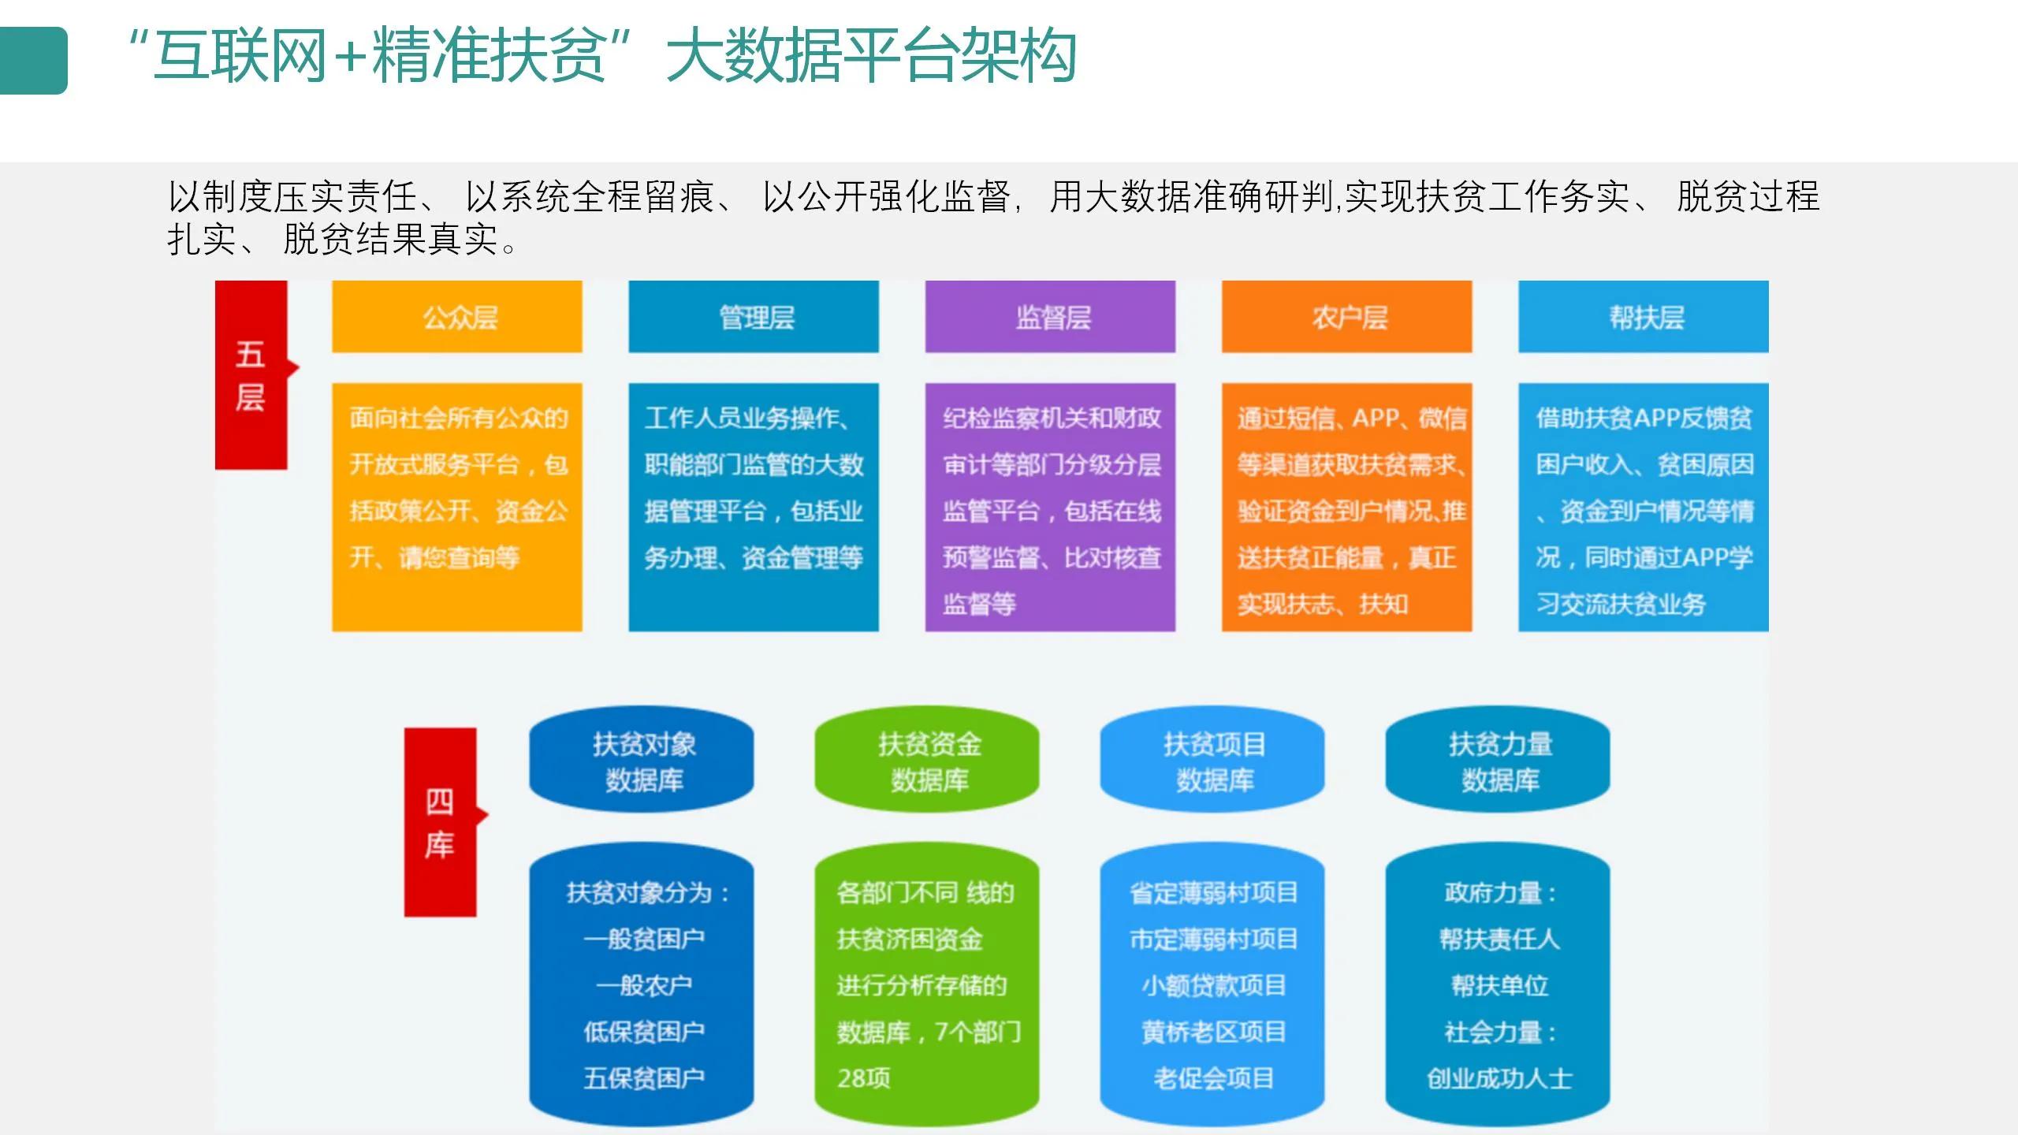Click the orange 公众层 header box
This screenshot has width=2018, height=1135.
point(457,317)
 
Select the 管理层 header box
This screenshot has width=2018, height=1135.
point(754,317)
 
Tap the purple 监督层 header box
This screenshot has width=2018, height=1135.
point(1050,317)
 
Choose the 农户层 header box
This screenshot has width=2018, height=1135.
point(1346,317)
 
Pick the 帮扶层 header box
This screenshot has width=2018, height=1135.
point(1644,317)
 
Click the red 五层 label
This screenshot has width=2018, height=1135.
point(251,375)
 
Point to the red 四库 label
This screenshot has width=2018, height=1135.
point(440,822)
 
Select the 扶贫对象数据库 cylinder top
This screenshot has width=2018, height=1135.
point(642,761)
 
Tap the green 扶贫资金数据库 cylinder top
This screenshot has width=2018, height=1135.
point(927,761)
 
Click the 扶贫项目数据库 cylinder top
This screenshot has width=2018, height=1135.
point(1212,761)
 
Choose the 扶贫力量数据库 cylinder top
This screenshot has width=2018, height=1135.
point(1498,761)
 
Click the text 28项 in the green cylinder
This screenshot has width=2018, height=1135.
point(864,1078)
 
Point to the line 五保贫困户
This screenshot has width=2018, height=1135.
point(643,1078)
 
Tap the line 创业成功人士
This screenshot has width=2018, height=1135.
point(1499,1078)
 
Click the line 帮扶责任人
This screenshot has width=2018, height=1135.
point(1499,939)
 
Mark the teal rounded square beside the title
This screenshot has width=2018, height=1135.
point(33,61)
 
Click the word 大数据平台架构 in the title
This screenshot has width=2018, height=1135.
point(871,55)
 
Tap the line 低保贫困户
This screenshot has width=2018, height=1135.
point(643,1032)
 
